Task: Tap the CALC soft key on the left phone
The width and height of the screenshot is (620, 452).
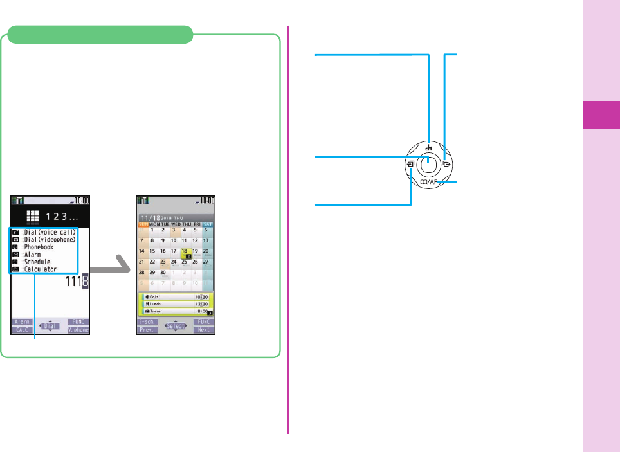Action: [x=22, y=330]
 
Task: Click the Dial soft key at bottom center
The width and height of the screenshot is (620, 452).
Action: [x=51, y=326]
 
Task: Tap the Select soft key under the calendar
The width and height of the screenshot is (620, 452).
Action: [x=176, y=326]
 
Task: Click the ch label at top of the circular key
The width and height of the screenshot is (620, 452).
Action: [x=428, y=147]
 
